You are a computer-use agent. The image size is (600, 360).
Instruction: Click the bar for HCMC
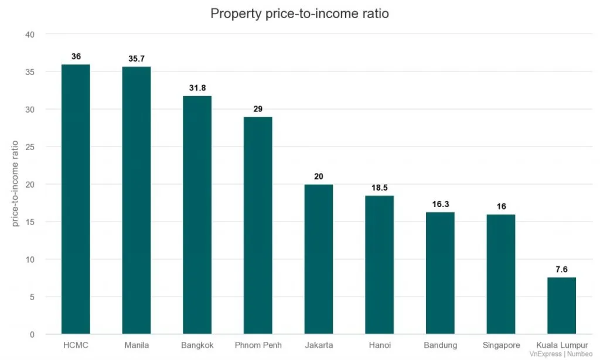76,199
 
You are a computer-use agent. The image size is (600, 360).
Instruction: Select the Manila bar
137,201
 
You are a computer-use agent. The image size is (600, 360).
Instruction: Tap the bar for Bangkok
197,215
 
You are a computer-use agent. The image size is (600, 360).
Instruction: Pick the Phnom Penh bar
258,226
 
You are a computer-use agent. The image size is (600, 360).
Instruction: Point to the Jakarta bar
319,259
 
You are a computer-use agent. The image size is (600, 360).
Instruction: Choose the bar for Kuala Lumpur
561,305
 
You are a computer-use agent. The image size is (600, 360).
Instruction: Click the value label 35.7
137,59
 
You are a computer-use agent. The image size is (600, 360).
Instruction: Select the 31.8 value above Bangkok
197,89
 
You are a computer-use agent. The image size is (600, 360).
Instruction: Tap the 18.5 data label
379,188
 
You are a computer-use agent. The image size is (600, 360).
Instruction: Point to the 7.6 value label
561,270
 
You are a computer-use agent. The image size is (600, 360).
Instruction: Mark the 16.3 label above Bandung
440,205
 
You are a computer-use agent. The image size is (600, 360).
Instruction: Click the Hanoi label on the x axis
379,345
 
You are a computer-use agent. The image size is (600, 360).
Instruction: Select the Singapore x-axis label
501,345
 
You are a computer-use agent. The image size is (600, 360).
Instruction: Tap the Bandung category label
440,345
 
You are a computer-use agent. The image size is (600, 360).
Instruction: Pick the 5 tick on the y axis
33,297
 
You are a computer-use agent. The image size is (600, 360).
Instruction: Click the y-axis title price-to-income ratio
16,184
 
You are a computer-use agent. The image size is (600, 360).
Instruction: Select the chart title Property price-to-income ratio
299,13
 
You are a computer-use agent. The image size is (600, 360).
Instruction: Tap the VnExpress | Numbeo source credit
562,354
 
